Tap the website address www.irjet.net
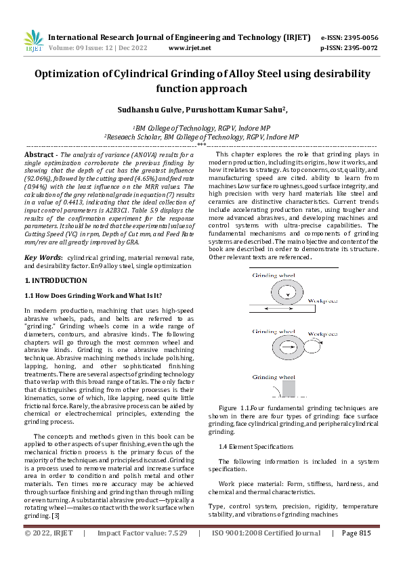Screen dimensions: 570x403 tap(190, 48)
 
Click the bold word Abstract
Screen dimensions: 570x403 tap(41, 155)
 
